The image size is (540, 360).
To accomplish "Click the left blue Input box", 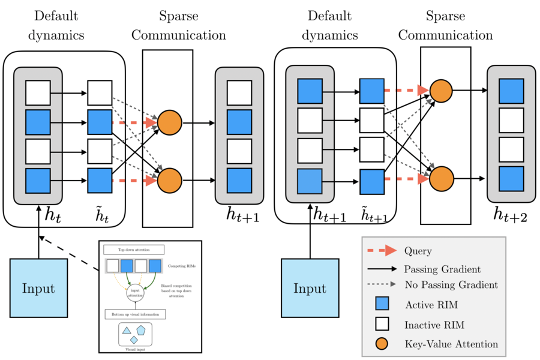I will pos(38,287).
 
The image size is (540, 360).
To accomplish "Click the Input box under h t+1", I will pos(310,287).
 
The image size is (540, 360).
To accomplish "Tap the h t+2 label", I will pos(510,214).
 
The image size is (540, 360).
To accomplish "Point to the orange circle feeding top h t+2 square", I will pos(441,91).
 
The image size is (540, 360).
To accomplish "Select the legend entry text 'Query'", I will pos(418,251).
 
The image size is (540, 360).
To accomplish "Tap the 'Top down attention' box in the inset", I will pos(134,249).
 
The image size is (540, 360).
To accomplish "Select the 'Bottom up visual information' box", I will pos(134,314).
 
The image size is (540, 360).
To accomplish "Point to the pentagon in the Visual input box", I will pos(141,330).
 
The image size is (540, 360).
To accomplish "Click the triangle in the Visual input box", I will pos(127,330).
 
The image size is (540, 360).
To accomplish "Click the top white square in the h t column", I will pos(38,93).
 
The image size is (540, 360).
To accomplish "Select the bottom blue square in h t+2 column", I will pos(511,179).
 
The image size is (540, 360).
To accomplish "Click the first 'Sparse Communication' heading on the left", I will pos(179,25).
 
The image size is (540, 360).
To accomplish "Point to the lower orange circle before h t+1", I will pos(169,179).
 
